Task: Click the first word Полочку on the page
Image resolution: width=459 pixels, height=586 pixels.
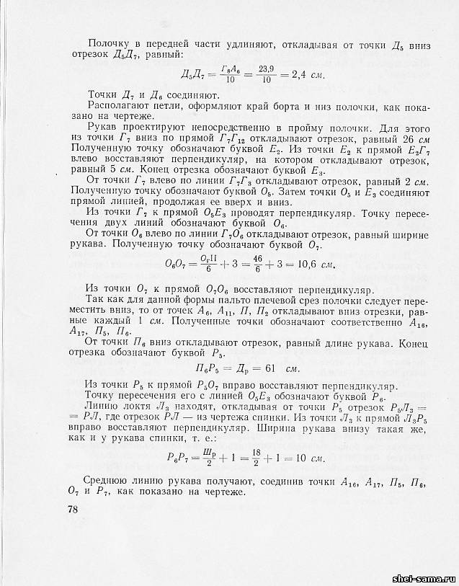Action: tap(107, 45)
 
